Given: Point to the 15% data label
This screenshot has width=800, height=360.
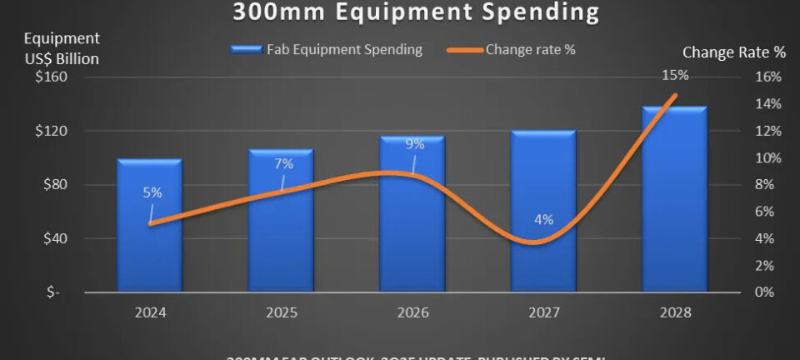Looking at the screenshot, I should pos(675,75).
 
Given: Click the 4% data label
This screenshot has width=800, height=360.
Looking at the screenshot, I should pos(543,221).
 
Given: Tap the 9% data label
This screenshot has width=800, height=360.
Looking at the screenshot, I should pos(414,144).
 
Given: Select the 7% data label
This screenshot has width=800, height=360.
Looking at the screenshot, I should pos(283,163).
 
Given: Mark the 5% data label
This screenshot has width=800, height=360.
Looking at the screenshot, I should pos(152,192).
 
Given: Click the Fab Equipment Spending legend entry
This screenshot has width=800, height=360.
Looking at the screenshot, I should pos(327,50).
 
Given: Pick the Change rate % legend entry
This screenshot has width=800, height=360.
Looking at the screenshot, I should pos(515,50).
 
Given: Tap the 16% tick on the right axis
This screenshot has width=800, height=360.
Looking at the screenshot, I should pos(767,77).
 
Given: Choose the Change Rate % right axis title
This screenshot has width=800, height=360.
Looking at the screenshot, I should pos(733,52).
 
